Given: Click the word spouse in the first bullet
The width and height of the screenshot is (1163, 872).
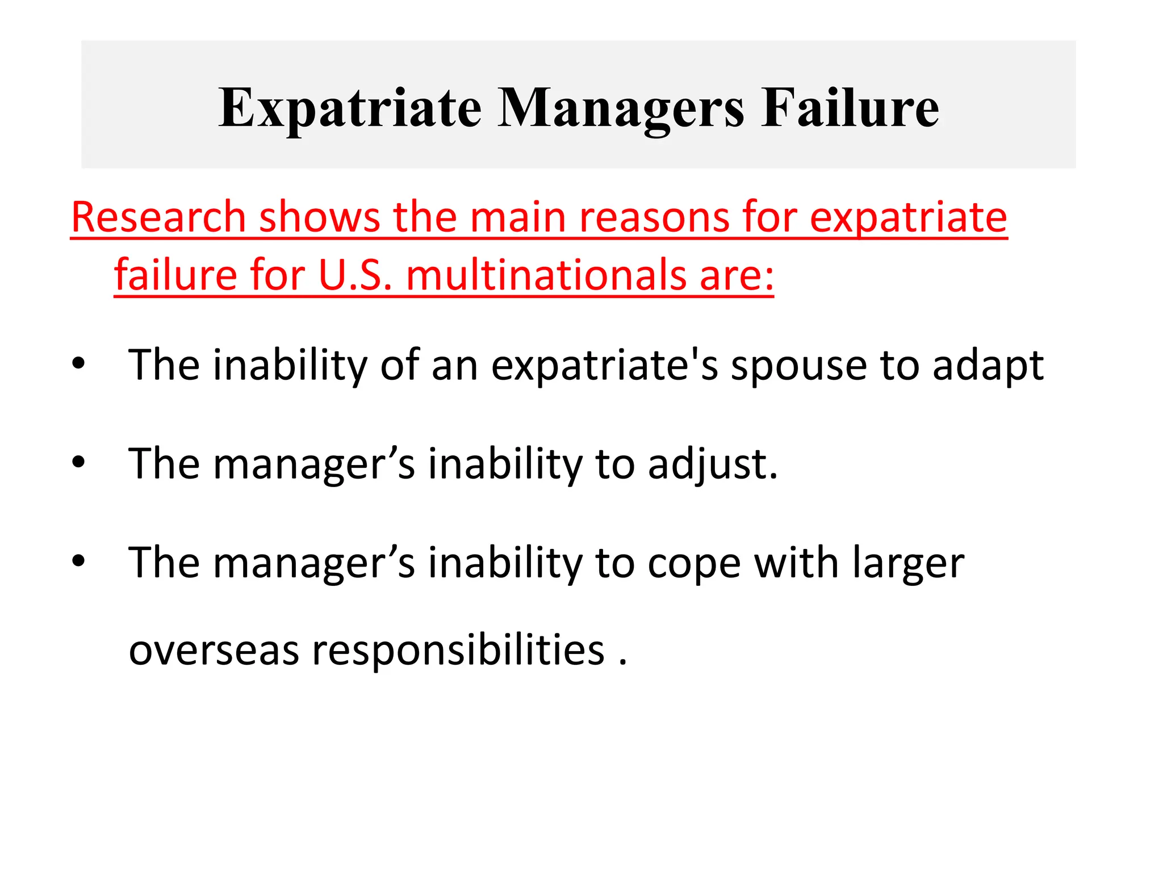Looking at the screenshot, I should coord(798,365).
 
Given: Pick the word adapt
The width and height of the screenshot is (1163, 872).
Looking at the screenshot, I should coord(988,365).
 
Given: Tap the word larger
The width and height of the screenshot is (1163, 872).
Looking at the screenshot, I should coord(908,563).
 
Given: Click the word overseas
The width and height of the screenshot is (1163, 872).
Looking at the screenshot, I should coord(214,651).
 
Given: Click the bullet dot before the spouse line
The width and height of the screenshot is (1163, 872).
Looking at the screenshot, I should coord(78,363).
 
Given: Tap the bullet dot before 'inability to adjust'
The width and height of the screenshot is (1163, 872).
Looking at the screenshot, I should coord(78,462).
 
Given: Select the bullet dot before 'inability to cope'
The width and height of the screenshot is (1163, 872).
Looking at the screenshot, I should coord(78,561).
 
